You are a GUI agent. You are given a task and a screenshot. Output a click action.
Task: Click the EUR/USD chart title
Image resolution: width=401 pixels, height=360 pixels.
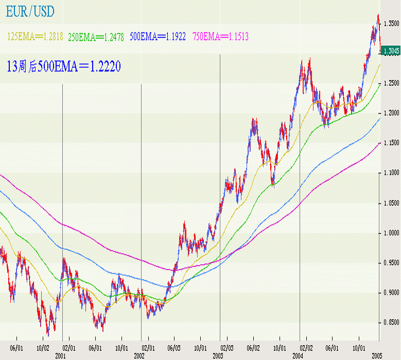(x=30, y=11)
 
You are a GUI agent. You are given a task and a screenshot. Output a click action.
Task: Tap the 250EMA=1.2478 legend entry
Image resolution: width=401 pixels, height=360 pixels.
(x=96, y=37)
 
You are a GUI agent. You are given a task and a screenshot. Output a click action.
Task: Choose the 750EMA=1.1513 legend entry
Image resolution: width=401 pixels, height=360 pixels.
(x=220, y=37)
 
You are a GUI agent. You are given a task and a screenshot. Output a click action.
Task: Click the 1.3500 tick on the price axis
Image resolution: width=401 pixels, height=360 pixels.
(x=392, y=24)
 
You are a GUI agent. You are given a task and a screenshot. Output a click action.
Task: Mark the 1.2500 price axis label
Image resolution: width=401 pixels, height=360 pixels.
(x=392, y=83)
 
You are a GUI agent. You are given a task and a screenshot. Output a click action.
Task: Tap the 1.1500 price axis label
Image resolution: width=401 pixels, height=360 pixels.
(x=392, y=142)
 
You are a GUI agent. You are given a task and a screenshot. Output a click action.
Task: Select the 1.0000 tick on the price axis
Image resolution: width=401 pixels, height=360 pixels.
(x=392, y=233)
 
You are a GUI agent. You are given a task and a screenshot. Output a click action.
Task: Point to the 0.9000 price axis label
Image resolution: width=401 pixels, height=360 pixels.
(x=392, y=293)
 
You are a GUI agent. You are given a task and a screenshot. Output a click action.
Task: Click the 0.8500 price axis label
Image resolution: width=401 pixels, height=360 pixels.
(x=392, y=322)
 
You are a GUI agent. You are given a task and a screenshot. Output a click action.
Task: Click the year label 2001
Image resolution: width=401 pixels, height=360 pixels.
(x=60, y=355)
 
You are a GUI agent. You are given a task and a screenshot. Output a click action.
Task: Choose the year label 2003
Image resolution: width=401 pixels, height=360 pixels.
(x=218, y=355)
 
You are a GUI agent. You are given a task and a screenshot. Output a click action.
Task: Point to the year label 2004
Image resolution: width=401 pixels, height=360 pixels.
(x=298, y=355)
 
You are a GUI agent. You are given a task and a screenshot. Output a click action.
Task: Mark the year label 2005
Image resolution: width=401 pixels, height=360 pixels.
(x=376, y=355)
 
